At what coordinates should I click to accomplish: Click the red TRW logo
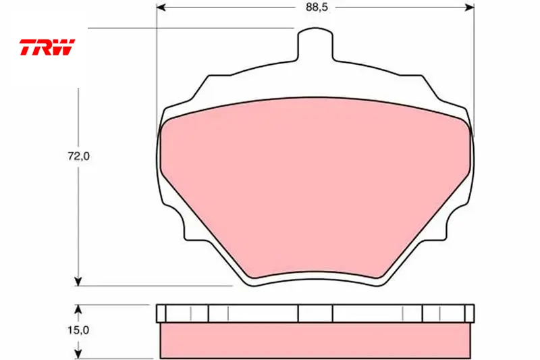pos(47,47)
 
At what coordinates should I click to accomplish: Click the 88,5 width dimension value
pos(317,7)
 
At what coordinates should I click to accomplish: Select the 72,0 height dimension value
pos(78,157)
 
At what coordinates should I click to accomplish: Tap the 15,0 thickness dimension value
pos(78,330)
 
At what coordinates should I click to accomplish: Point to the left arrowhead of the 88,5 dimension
pos(161,7)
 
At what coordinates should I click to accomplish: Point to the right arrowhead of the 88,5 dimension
pos(470,7)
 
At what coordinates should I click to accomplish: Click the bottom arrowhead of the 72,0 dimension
pos(78,281)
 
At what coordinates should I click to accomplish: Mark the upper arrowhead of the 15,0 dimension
pos(78,309)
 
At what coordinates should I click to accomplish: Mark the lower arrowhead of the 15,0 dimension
pos(78,354)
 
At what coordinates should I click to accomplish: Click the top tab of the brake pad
pos(315,45)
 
